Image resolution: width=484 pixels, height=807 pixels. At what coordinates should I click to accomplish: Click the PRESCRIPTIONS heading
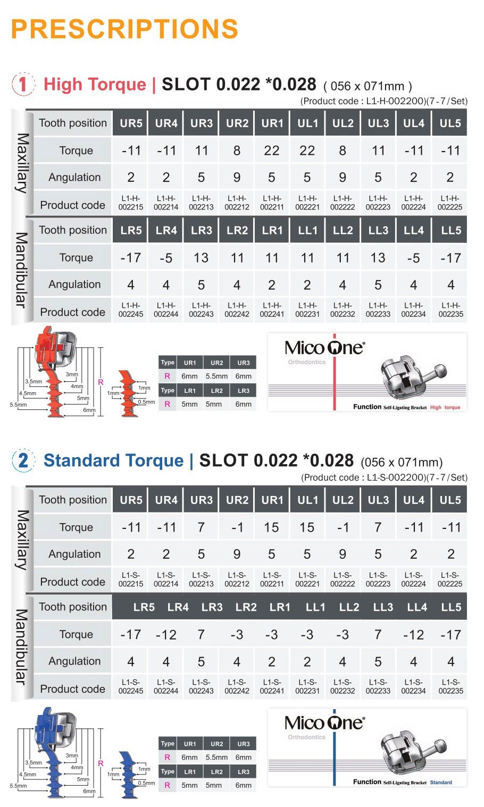click(x=124, y=29)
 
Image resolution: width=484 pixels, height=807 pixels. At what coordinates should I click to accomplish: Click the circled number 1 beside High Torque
click(x=23, y=85)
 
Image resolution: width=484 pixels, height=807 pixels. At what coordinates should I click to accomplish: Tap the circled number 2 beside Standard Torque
click(x=23, y=460)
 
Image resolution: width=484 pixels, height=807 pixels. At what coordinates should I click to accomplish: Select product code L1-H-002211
click(x=272, y=203)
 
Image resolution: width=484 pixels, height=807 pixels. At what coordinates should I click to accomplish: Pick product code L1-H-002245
click(x=131, y=310)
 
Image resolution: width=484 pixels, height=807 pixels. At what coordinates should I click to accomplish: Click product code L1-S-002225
click(x=450, y=579)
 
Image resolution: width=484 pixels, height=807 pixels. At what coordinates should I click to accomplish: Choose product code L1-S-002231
click(x=307, y=686)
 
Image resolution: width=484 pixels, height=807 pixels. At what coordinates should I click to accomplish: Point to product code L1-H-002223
click(x=378, y=203)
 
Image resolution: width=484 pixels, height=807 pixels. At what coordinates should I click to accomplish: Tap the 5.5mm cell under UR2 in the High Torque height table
click(x=216, y=376)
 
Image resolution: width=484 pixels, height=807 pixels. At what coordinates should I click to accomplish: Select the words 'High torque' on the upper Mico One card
click(x=445, y=407)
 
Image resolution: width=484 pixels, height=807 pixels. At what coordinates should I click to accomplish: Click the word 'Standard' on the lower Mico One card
click(x=441, y=783)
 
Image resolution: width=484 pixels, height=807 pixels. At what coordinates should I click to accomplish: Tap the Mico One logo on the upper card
click(x=325, y=348)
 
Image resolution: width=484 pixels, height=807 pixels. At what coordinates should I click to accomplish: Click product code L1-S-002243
click(x=201, y=686)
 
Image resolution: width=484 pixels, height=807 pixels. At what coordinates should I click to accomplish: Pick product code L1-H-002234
click(x=414, y=310)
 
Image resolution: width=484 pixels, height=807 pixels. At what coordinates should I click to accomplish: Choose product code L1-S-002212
click(x=237, y=579)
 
